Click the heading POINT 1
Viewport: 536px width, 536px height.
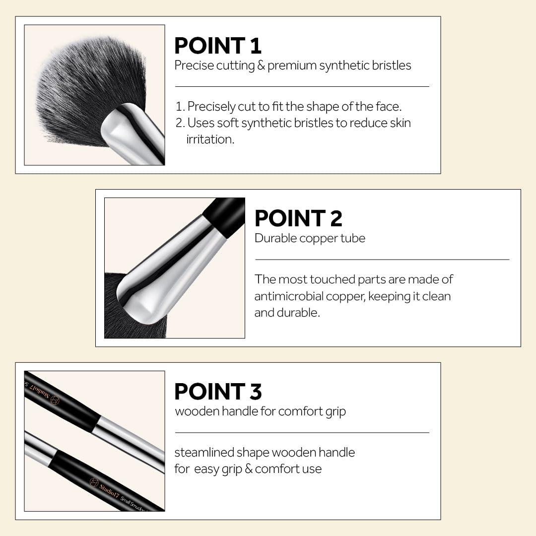218,46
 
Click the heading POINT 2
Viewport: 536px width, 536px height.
298,219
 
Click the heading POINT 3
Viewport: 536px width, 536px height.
218,392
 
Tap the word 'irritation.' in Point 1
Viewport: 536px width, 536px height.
210,139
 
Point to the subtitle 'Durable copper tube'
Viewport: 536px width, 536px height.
310,238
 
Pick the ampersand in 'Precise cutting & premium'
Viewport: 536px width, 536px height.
261,66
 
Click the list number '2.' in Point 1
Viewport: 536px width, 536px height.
180,123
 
